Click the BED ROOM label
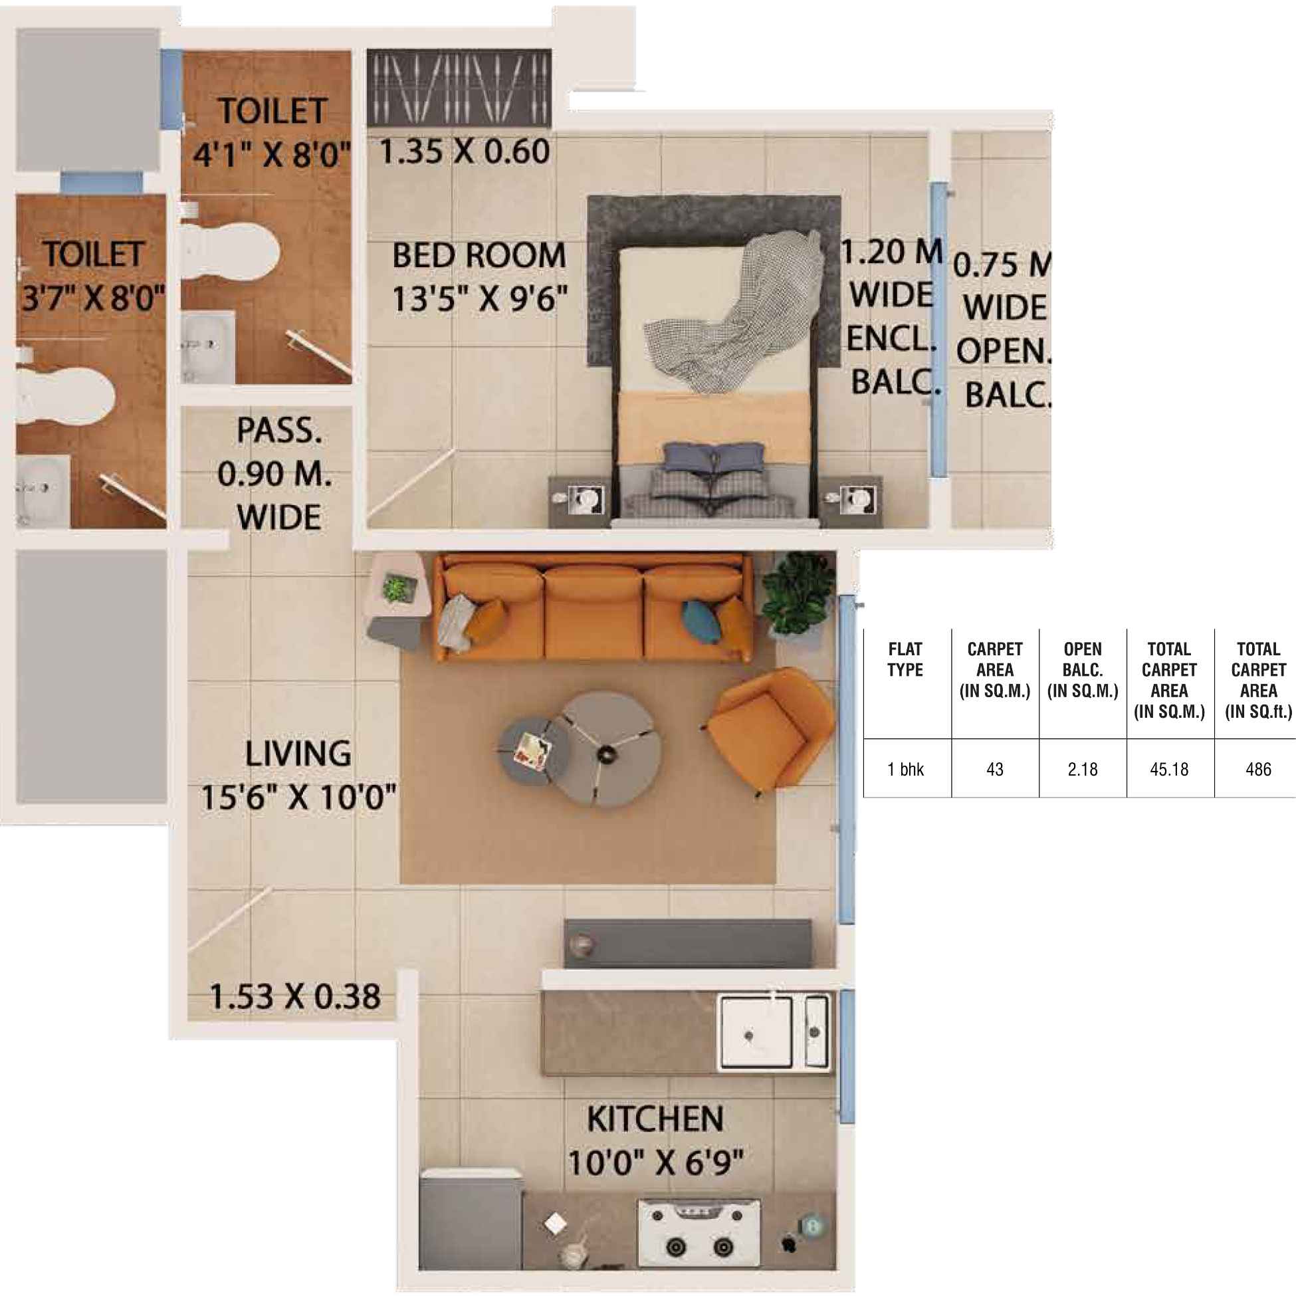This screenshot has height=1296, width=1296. (x=479, y=257)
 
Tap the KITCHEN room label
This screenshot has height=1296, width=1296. (x=655, y=1119)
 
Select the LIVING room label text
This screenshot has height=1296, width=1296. (x=298, y=754)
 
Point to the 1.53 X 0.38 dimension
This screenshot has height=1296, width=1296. (x=295, y=997)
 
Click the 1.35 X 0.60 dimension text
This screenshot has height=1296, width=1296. (x=464, y=152)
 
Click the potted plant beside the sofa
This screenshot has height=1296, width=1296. (x=797, y=594)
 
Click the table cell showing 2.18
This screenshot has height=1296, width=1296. (x=1083, y=770)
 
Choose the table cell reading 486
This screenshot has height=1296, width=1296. (x=1257, y=770)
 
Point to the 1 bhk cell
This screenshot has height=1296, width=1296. (x=906, y=770)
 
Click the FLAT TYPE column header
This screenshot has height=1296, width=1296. (x=905, y=659)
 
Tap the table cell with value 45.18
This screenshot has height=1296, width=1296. (x=1169, y=770)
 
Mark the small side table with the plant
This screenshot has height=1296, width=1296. (x=397, y=601)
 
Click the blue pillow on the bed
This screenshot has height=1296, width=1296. (x=714, y=457)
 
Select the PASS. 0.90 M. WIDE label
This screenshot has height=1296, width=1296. (x=276, y=475)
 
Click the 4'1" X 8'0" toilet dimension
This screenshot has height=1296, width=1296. (x=272, y=155)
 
